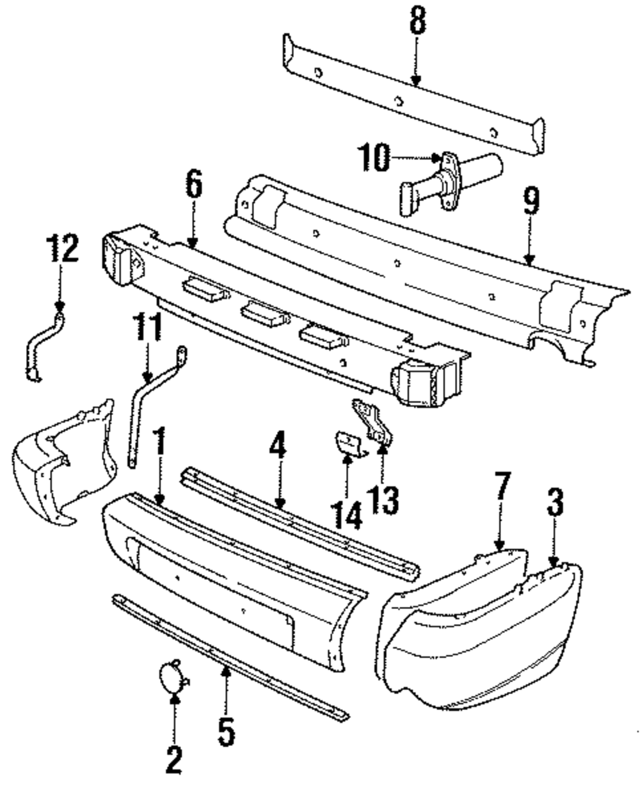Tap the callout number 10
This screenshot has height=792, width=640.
click(x=373, y=158)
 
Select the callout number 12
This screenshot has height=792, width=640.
click(x=62, y=249)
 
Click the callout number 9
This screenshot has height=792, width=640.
click(x=531, y=202)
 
